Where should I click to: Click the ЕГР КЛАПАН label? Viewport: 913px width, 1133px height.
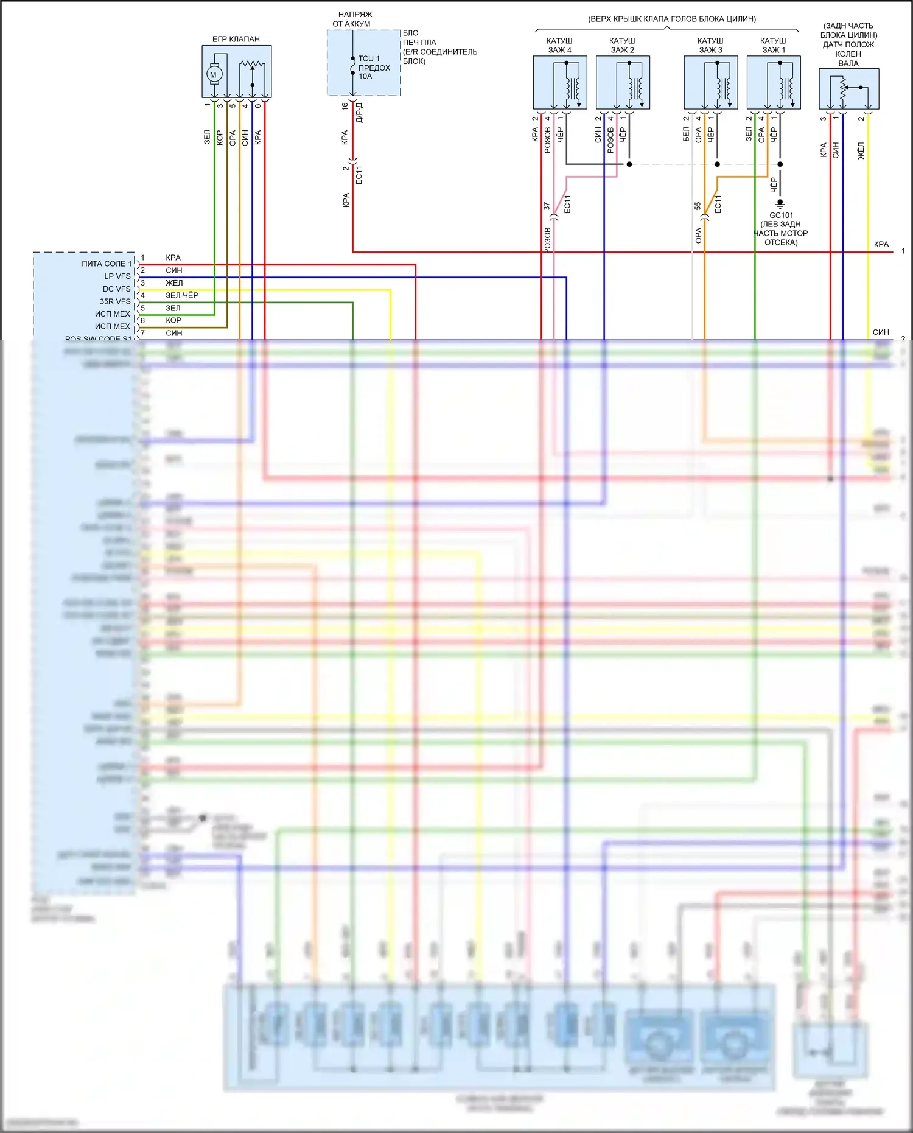236,39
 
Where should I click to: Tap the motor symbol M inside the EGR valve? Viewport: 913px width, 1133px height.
213,74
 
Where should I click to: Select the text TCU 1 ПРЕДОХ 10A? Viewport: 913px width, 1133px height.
374,68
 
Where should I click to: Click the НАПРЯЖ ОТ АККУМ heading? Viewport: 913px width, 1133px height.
353,19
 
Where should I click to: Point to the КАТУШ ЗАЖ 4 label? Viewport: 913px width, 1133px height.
559,46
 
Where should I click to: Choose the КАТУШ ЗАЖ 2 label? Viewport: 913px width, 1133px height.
622,46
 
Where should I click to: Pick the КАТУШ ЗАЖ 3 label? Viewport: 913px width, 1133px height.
710,46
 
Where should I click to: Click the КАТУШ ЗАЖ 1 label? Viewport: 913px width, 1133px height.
773,46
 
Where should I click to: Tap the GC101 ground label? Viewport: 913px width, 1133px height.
781,215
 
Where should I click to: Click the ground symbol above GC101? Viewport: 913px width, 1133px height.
780,203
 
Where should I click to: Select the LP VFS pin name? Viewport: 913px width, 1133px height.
117,276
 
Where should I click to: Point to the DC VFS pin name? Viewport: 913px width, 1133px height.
116,289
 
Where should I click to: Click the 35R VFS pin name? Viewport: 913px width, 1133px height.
115,301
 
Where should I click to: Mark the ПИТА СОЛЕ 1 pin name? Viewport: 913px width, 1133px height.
107,264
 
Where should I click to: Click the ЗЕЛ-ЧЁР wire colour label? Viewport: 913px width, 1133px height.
182,295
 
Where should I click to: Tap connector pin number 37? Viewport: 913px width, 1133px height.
547,207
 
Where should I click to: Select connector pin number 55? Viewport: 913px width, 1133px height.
698,206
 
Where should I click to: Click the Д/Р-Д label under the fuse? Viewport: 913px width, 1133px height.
359,113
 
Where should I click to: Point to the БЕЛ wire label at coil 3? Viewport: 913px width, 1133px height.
686,134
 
